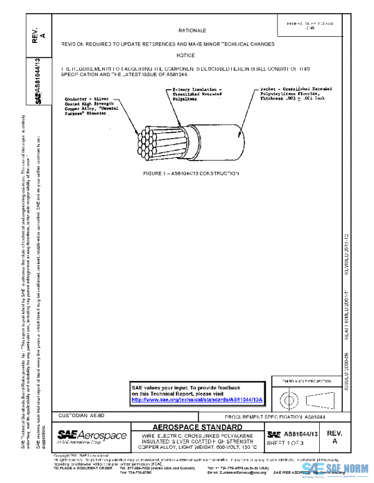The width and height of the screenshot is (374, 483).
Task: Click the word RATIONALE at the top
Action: pos(193,30)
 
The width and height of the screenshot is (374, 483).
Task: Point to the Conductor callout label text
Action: pos(92,106)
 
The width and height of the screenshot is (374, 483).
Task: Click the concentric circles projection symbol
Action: pos(287,396)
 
